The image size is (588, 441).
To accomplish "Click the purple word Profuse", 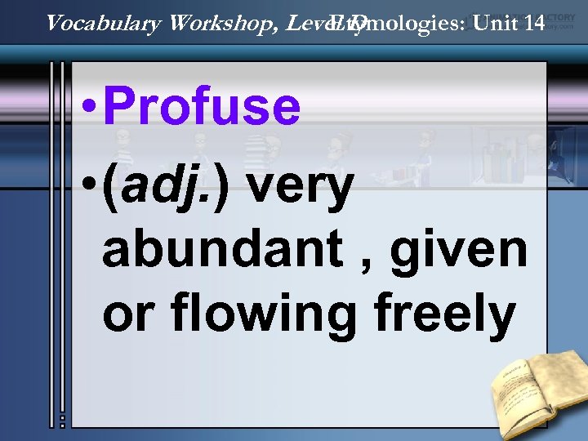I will [202, 107].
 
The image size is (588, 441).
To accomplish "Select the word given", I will [458, 251].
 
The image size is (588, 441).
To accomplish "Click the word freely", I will [442, 314].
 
